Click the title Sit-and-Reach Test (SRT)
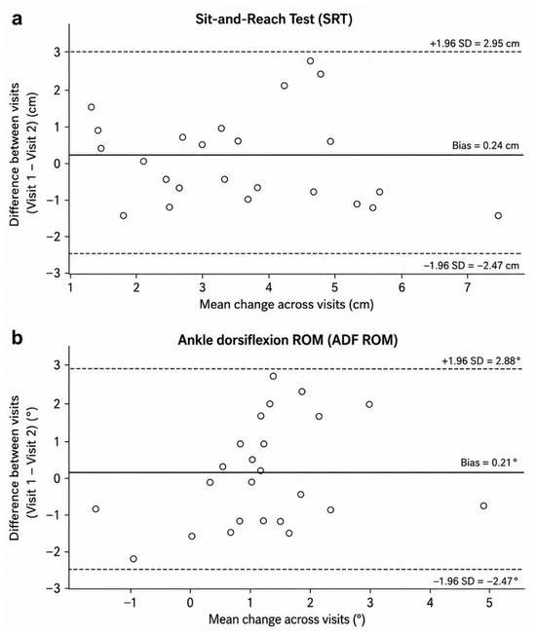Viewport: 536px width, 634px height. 274,19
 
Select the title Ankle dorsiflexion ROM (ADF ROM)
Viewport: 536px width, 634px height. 287,340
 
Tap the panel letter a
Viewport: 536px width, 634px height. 17,19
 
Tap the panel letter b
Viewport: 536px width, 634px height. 17,338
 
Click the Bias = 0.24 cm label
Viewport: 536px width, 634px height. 485,145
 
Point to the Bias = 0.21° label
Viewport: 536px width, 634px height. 488,463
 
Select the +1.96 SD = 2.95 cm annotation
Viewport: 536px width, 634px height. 475,43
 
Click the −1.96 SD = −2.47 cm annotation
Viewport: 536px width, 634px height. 472,266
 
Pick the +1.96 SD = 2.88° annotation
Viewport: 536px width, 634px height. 479,360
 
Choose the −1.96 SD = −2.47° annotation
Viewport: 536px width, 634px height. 476,581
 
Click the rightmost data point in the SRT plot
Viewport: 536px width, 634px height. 498,215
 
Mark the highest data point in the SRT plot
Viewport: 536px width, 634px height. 310,61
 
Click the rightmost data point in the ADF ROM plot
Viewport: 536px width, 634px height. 483,505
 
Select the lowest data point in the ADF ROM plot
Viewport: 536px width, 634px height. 134,559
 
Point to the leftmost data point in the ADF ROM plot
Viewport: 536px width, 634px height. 96,508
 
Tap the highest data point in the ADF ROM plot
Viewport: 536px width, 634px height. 273,376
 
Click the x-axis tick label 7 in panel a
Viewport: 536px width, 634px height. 468,287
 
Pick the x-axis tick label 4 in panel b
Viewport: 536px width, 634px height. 430,603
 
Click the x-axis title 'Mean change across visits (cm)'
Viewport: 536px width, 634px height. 287,304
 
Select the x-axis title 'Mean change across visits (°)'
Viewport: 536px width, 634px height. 287,619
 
